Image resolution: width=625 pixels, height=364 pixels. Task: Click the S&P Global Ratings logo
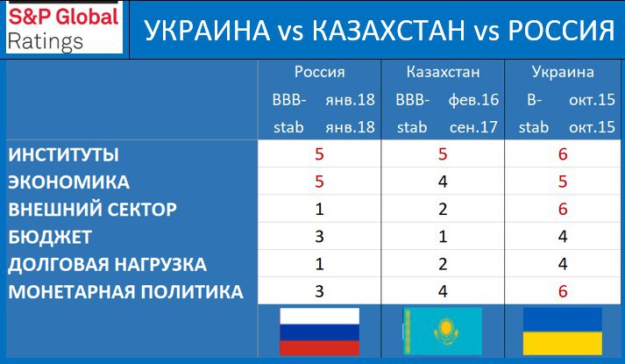click(x=64, y=28)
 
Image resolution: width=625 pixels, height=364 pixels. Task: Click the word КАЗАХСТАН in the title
click(x=388, y=31)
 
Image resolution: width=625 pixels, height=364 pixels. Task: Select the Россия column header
click(x=320, y=72)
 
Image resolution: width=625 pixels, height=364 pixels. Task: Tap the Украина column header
click(x=563, y=72)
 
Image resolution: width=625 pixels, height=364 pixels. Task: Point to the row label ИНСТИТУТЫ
click(x=63, y=154)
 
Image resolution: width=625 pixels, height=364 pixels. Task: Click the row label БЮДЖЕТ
click(x=50, y=237)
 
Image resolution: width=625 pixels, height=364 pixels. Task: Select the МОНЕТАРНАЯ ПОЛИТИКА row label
click(x=125, y=292)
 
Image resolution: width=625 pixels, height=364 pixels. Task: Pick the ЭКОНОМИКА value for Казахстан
click(x=443, y=182)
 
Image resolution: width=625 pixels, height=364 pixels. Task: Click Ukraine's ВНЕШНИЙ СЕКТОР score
click(x=563, y=210)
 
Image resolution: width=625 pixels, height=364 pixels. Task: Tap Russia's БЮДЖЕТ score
click(x=319, y=237)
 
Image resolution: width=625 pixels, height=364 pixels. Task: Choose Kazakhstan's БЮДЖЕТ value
click(x=443, y=237)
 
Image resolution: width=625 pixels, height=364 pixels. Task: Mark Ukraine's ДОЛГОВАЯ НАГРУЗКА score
click(x=563, y=264)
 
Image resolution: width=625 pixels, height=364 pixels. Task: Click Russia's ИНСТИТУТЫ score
click(x=319, y=154)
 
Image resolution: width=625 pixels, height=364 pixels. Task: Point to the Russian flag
click(x=320, y=332)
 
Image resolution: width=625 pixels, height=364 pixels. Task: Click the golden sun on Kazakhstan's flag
click(x=446, y=328)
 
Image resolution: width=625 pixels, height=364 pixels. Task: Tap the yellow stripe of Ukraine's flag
click(x=563, y=343)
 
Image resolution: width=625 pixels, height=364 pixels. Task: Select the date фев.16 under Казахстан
click(x=473, y=100)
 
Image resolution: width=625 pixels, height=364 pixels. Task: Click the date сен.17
click(x=473, y=127)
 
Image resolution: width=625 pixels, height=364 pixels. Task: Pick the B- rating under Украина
click(x=534, y=100)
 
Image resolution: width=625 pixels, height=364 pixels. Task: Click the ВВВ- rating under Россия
click(x=289, y=100)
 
